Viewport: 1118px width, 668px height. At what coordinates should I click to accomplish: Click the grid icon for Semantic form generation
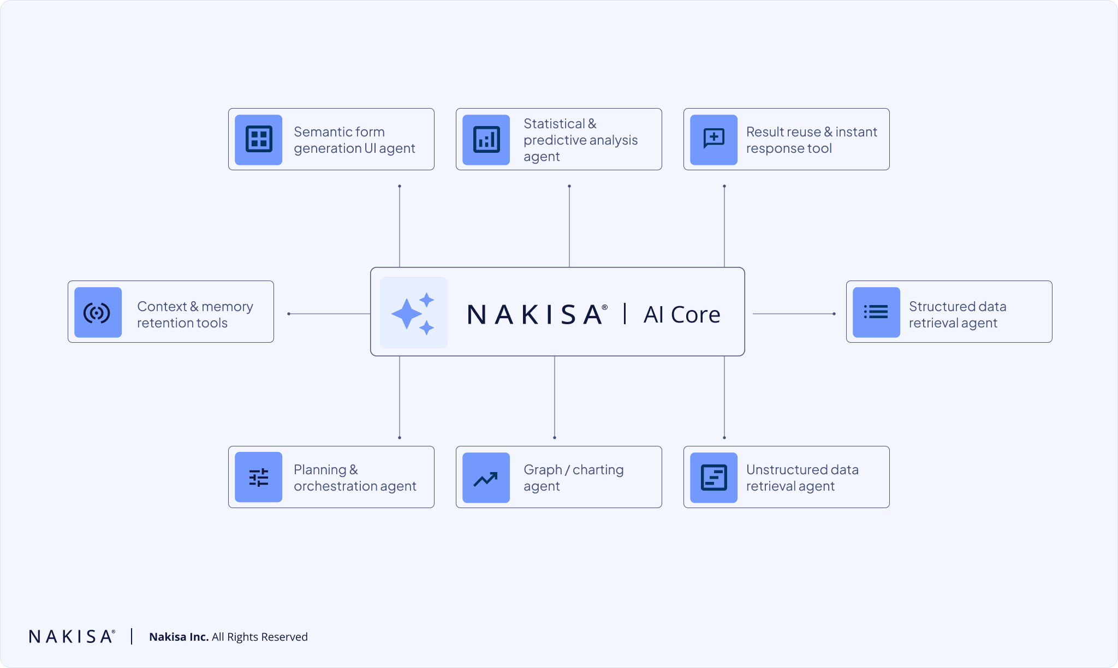(259, 139)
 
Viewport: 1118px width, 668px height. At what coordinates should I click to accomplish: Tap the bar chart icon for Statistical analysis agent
(486, 139)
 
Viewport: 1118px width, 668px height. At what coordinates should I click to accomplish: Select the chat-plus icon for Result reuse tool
(713, 139)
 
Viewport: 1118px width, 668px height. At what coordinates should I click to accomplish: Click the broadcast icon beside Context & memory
(98, 312)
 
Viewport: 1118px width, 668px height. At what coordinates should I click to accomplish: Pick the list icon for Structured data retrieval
(876, 312)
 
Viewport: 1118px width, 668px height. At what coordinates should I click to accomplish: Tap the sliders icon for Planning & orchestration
(259, 477)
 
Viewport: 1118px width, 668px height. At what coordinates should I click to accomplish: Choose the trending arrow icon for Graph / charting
(486, 478)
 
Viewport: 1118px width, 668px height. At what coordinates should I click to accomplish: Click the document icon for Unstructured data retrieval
(713, 478)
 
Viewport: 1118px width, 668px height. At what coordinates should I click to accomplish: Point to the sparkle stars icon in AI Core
(413, 313)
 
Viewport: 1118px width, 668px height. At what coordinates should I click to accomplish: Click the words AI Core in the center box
(682, 314)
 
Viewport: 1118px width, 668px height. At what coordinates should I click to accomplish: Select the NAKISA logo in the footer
(72, 636)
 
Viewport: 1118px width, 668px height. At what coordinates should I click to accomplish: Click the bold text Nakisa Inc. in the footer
(179, 637)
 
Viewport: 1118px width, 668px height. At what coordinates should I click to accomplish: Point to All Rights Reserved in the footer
(260, 637)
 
